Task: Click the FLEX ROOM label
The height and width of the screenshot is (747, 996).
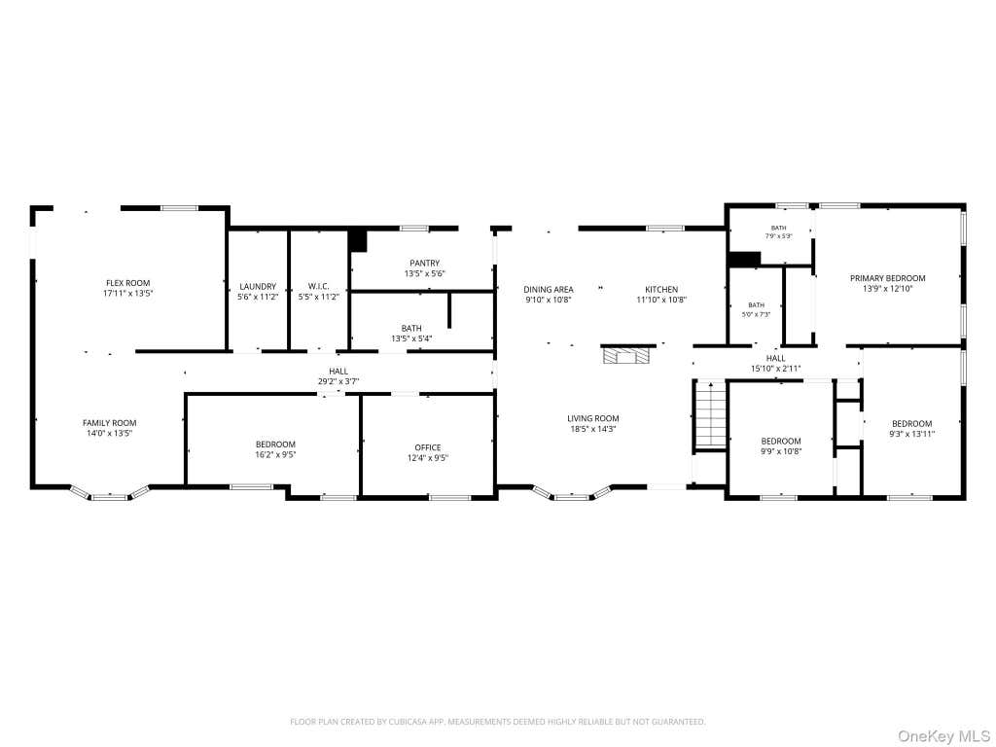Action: (127, 283)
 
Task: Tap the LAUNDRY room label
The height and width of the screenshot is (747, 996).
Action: (258, 287)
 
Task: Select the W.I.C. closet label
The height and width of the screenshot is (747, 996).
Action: (318, 287)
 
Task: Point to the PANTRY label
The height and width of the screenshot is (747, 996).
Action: (424, 263)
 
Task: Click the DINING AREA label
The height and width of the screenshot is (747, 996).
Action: (549, 290)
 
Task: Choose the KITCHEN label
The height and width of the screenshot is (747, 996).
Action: (661, 290)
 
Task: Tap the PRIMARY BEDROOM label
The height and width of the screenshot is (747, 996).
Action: (887, 278)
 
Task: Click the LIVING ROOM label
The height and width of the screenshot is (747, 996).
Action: (592, 418)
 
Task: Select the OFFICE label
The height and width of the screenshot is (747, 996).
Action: (428, 447)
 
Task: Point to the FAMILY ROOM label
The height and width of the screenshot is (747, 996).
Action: (109, 423)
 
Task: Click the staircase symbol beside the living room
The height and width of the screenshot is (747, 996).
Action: (710, 414)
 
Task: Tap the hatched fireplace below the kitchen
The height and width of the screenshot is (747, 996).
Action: (628, 354)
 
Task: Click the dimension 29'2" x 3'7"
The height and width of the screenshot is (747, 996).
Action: (338, 381)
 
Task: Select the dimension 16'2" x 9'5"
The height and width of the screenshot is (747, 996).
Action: (275, 455)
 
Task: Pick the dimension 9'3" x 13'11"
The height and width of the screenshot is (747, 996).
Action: (911, 435)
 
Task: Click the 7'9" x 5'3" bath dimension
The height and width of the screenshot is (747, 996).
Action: (778, 236)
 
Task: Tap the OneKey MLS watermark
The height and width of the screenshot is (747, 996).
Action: (943, 735)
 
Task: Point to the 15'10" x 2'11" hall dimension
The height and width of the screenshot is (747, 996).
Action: (775, 369)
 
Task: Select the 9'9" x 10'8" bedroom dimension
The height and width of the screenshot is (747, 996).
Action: (781, 451)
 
